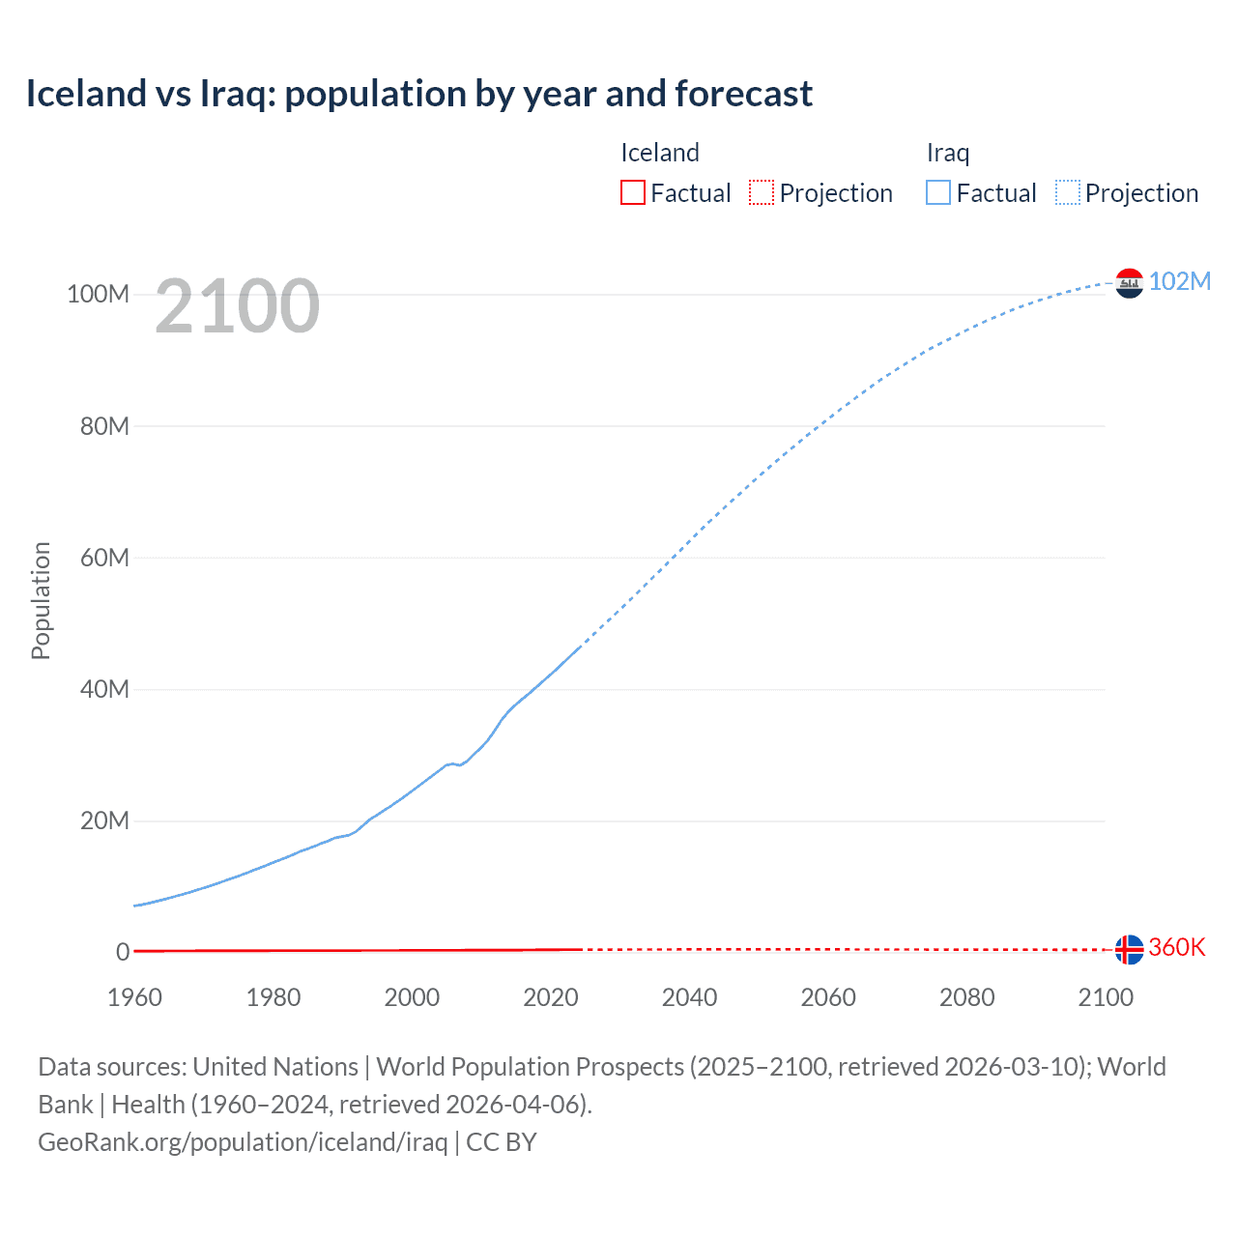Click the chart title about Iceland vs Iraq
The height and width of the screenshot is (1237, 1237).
click(x=418, y=94)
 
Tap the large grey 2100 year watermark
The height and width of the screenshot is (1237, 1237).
click(x=237, y=306)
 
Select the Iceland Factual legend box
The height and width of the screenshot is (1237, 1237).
click(x=632, y=192)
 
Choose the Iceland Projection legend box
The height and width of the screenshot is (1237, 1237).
click(x=762, y=192)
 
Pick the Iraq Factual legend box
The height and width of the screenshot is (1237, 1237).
click(x=937, y=192)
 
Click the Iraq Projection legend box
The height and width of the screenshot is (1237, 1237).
click(x=1067, y=192)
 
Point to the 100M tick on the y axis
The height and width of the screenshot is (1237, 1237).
click(x=98, y=294)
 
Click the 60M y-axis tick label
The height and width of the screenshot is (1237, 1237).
click(x=103, y=558)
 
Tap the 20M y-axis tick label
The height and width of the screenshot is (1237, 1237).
click(x=103, y=820)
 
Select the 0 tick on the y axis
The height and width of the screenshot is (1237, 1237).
click(x=123, y=952)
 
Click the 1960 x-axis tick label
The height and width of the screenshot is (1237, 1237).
click(x=134, y=997)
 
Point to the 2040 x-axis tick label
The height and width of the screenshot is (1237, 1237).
click(x=689, y=997)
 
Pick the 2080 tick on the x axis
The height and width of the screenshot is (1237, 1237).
click(x=966, y=997)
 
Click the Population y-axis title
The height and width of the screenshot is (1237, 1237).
click(x=41, y=600)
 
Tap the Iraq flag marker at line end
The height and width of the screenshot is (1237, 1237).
click(x=1129, y=283)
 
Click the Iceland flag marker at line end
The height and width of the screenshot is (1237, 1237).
click(x=1129, y=949)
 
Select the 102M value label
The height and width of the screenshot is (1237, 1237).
click(x=1179, y=281)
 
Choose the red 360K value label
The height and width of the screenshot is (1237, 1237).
click(x=1176, y=947)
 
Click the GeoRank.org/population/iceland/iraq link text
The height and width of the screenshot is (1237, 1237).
click(x=243, y=1142)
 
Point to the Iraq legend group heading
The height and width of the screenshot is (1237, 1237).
click(x=947, y=153)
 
